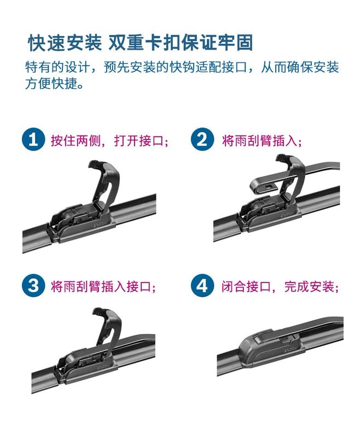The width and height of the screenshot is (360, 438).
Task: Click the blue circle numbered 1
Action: (x=33, y=139)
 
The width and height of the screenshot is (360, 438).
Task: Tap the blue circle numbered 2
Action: (x=202, y=139)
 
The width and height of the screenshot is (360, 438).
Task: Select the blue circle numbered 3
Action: (x=33, y=285)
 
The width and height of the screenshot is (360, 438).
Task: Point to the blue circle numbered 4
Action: (x=202, y=285)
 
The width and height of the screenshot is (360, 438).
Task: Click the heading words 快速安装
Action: (x=65, y=43)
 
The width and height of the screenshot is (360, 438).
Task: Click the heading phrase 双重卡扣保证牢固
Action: (x=181, y=43)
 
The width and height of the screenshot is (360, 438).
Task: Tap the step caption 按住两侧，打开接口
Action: (x=109, y=140)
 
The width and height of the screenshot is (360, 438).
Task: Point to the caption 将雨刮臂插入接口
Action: (x=103, y=286)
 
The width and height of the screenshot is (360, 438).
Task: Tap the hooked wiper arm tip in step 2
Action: (x=262, y=187)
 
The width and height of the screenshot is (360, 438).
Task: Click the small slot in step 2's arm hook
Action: (x=269, y=186)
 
